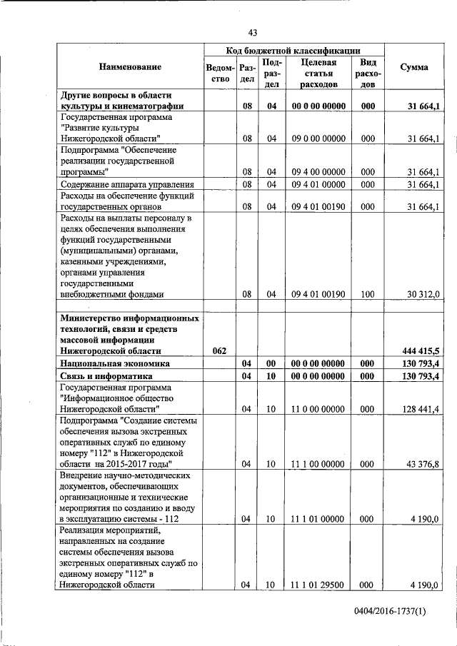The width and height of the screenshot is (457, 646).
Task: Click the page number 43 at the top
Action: pos(253,32)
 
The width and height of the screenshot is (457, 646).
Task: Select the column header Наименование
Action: pos(130,67)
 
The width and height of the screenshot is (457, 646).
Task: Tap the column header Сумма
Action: pos(414,67)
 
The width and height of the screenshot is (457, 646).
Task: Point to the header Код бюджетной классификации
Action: pos(293,50)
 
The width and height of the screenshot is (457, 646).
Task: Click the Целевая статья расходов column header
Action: pos(318,73)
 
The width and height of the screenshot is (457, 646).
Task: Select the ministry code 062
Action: pos(220,350)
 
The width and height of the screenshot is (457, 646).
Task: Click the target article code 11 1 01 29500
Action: pos(318,585)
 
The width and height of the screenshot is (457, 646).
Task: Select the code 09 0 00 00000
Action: pos(318,138)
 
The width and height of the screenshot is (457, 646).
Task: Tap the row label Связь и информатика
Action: pos(107,376)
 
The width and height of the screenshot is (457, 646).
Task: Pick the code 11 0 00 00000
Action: pos(318,409)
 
